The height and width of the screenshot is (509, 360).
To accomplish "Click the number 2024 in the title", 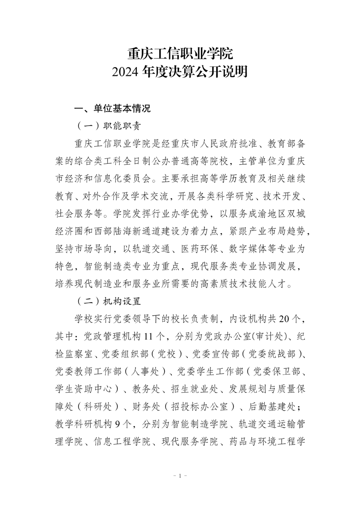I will (x=126, y=73).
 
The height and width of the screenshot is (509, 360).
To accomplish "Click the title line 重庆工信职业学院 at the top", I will (x=180, y=54).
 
